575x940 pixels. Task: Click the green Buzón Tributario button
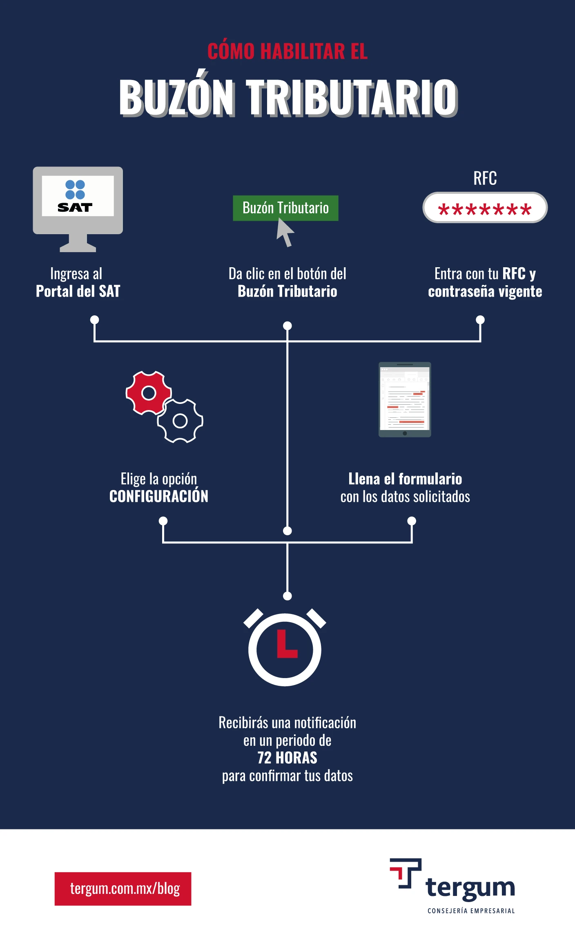pyautogui.click(x=285, y=208)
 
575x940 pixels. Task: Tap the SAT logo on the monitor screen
pyautogui.click(x=75, y=196)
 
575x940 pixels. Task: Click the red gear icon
pyautogui.click(x=149, y=393)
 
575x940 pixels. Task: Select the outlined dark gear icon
pyautogui.click(x=180, y=421)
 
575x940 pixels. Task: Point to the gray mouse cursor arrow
pyautogui.click(x=285, y=232)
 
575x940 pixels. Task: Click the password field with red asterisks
pyautogui.click(x=485, y=208)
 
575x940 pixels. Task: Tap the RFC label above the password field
pyautogui.click(x=485, y=178)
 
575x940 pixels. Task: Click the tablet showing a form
pyautogui.click(x=405, y=399)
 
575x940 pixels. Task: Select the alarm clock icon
pyautogui.click(x=285, y=647)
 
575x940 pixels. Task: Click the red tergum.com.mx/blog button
pyautogui.click(x=123, y=889)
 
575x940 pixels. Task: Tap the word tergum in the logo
pyautogui.click(x=470, y=888)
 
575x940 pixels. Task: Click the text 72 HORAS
pyautogui.click(x=287, y=758)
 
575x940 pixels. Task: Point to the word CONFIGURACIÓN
pyautogui.click(x=159, y=496)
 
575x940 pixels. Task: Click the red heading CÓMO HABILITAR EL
pyautogui.click(x=287, y=51)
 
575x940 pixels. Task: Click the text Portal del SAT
pyautogui.click(x=78, y=291)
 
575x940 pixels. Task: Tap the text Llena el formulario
pyautogui.click(x=405, y=479)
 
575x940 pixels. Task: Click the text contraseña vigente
pyautogui.click(x=485, y=292)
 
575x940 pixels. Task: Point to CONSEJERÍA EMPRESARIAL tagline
pyautogui.click(x=471, y=911)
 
